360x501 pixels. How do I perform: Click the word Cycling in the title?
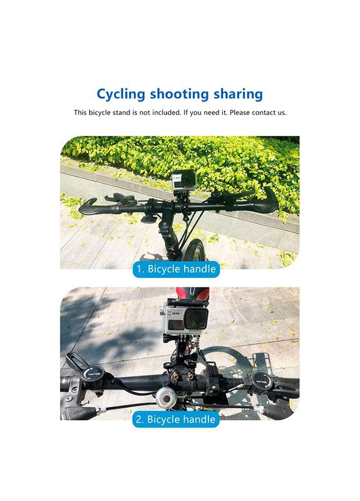(x=121, y=95)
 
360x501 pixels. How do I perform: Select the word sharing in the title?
(x=239, y=95)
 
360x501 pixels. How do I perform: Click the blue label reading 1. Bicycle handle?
(x=176, y=269)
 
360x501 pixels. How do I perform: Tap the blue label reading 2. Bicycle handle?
(x=176, y=419)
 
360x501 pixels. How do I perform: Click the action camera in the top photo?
(x=183, y=179)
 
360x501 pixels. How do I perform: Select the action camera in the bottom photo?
(x=185, y=319)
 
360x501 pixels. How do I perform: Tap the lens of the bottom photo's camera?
(x=196, y=319)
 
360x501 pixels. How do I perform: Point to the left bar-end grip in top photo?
(x=88, y=207)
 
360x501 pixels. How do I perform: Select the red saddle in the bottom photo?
(x=193, y=292)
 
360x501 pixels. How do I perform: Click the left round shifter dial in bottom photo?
(x=93, y=373)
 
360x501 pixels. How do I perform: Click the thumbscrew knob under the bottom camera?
(x=167, y=338)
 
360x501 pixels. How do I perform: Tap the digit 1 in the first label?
(x=139, y=269)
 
